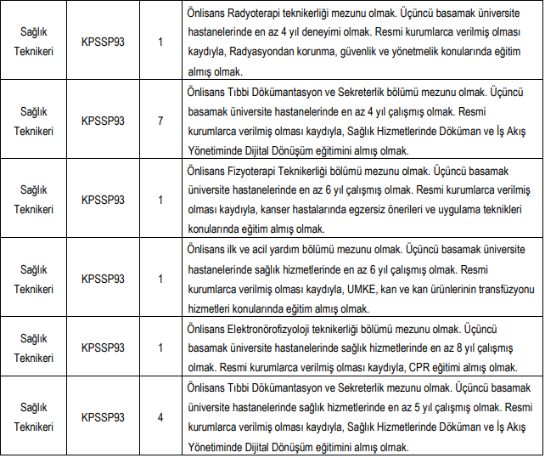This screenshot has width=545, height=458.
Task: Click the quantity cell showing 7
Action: click(x=160, y=120)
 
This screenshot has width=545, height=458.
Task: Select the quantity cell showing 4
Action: click(x=160, y=417)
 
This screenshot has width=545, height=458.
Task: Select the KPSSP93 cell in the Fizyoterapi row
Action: click(x=103, y=200)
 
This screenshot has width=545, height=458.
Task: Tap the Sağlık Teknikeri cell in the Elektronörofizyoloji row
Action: click(x=34, y=348)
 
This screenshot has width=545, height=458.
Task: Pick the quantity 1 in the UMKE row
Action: click(x=160, y=279)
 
